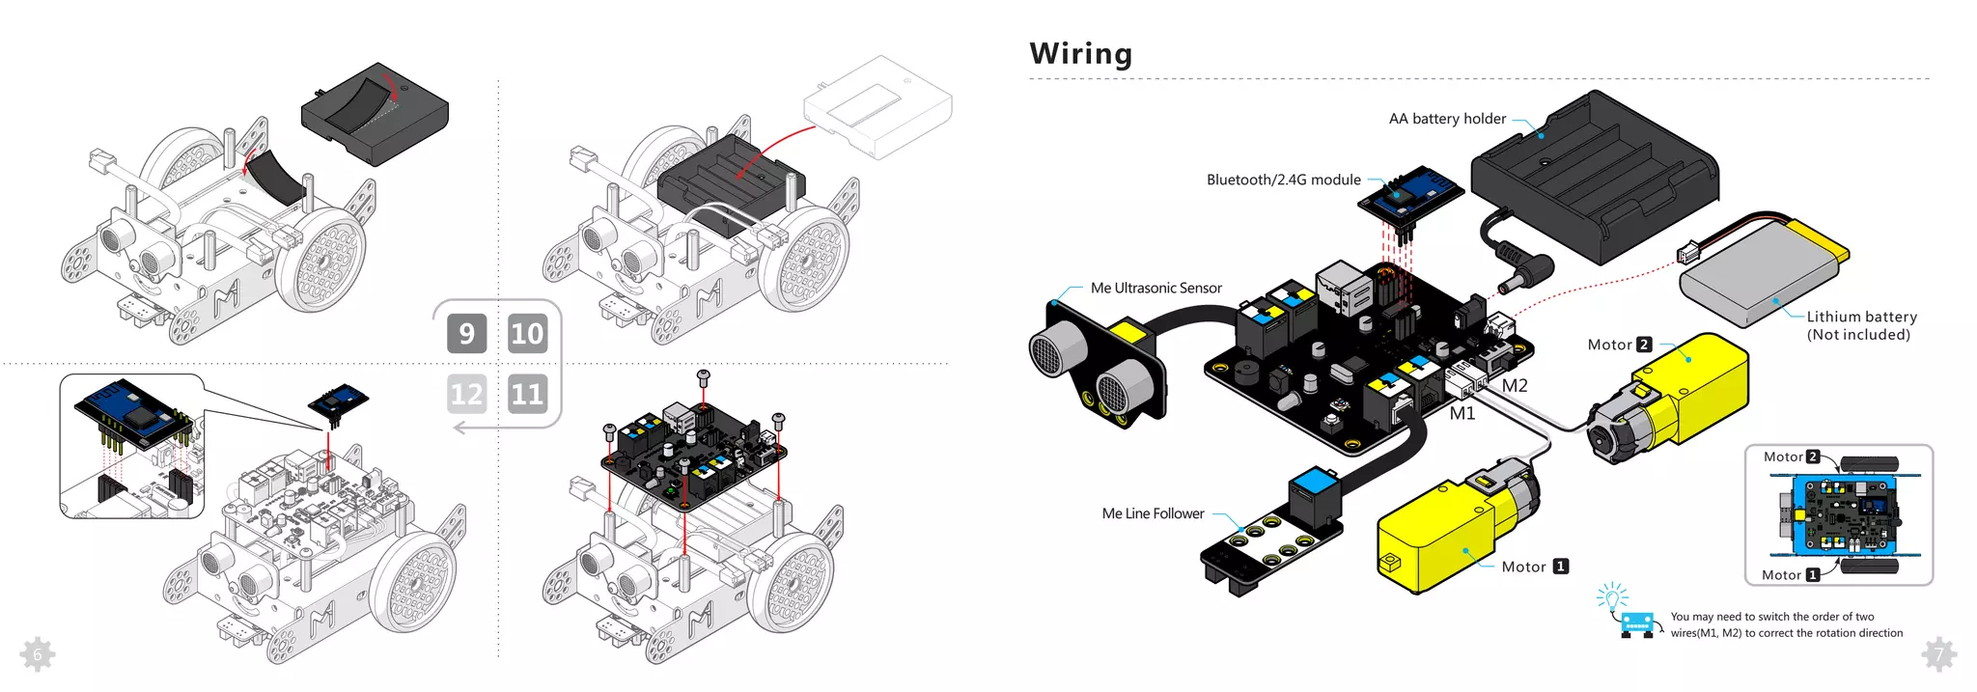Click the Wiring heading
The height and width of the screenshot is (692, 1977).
click(1080, 53)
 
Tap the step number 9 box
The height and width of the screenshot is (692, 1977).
click(466, 334)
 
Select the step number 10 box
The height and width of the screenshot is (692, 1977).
click(527, 334)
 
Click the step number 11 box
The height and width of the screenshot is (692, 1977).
click(527, 394)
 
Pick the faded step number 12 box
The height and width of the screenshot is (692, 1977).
click(466, 394)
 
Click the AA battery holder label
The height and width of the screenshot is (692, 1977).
click(1446, 119)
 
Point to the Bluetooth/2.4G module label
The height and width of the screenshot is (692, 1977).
click(1283, 180)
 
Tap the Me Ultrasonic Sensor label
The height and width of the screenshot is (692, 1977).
click(1156, 288)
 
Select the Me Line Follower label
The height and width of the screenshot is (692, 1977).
click(1153, 513)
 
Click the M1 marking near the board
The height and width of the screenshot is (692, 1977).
click(1462, 414)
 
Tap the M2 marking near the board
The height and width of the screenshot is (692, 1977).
click(1514, 386)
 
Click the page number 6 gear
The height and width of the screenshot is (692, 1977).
click(37, 655)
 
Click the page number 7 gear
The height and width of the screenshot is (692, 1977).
click(1938, 655)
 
